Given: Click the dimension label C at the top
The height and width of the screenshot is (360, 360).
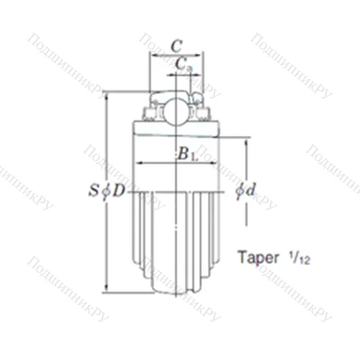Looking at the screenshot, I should tap(176, 44).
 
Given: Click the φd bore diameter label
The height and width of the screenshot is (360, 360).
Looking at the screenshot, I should tap(246, 191).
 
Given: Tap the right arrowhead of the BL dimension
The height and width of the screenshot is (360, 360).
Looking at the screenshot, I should tap(214, 163).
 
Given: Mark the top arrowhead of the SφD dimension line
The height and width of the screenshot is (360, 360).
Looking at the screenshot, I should tap(106, 94).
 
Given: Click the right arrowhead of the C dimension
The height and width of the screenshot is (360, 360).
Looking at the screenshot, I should tap(201, 54).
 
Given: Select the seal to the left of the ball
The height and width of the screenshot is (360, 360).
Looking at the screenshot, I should tap(153, 111).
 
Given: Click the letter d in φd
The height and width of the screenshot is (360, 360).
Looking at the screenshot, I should tap(251, 191).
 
